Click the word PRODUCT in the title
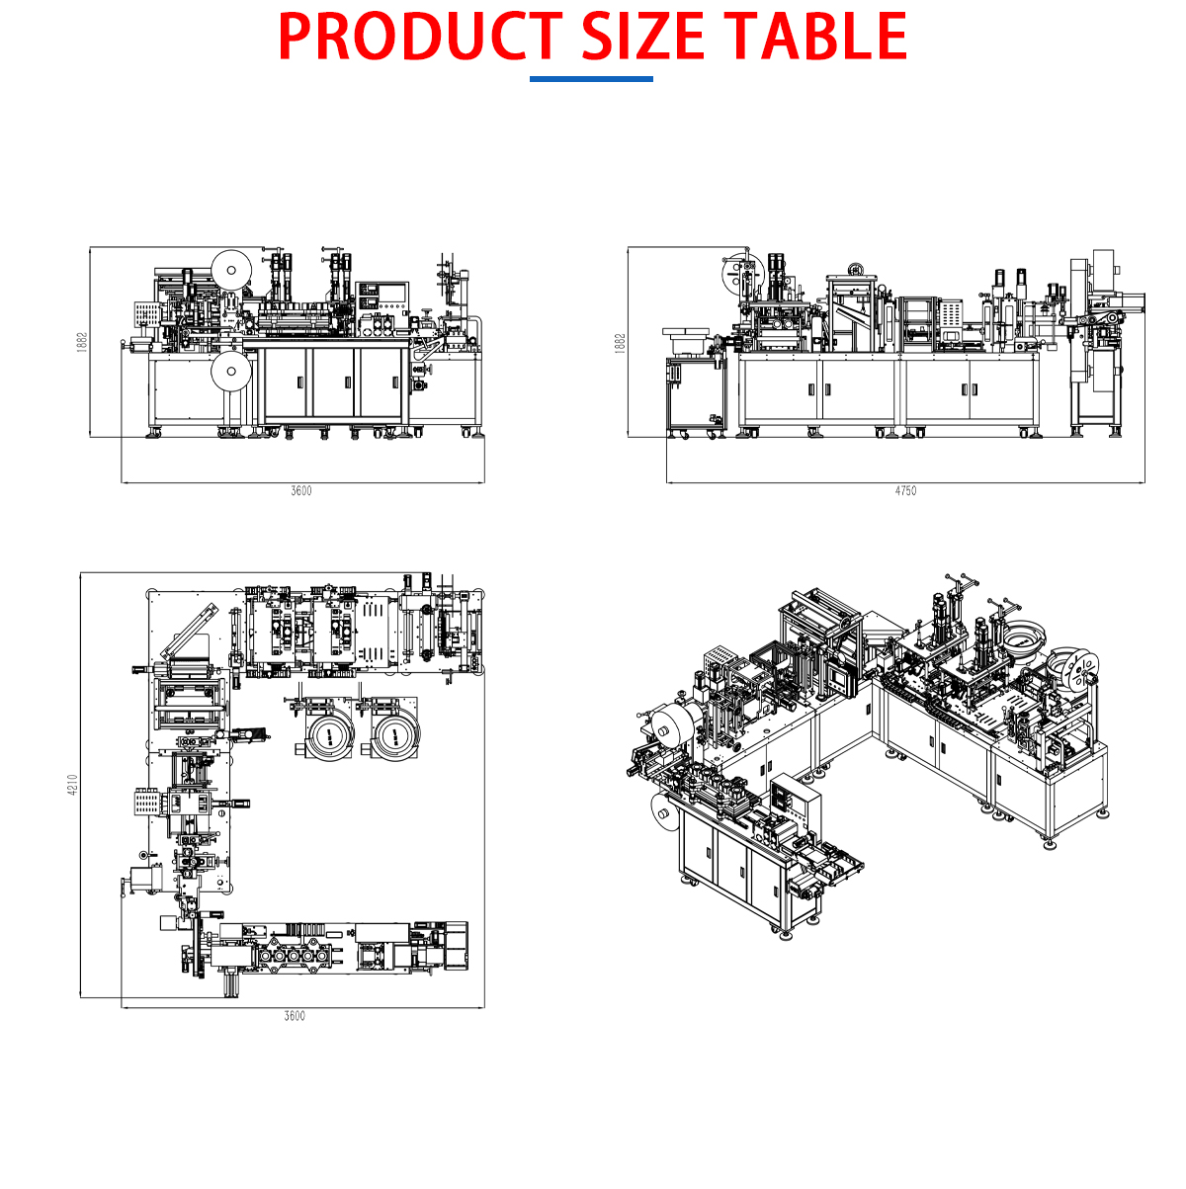click(x=420, y=37)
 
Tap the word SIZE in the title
click(x=642, y=37)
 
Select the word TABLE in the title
click(x=815, y=37)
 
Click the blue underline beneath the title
click(x=591, y=79)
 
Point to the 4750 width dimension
click(x=905, y=491)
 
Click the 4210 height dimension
click(x=73, y=786)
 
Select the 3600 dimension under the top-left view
click(x=301, y=491)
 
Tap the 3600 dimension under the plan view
click(x=295, y=1016)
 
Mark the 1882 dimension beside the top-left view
click(x=82, y=342)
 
